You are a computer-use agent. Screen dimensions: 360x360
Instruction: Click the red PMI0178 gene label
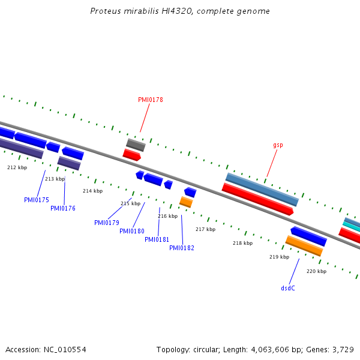[x=151, y=100]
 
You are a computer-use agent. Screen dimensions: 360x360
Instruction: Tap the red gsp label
[x=278, y=145]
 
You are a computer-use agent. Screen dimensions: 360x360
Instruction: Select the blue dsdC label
[x=288, y=288]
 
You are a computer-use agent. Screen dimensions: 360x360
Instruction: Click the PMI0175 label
[x=37, y=200]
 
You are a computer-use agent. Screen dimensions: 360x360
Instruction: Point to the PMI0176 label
[x=63, y=208]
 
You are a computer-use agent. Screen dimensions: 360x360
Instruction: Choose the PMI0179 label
[x=107, y=223]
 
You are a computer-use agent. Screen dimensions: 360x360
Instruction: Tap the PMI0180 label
[x=132, y=231]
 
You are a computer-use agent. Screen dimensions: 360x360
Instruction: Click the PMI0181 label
[x=157, y=239]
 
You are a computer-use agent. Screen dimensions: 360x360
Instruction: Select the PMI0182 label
[x=182, y=248]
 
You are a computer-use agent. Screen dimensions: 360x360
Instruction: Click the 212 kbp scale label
[x=17, y=167]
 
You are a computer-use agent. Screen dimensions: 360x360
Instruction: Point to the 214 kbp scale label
[x=93, y=191]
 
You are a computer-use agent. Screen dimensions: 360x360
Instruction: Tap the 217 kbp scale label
[x=205, y=229]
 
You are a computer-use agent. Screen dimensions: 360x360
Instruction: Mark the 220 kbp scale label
[x=316, y=271]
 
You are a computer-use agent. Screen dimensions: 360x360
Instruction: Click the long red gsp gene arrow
[x=257, y=199]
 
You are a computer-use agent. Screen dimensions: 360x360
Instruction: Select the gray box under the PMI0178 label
[x=136, y=145]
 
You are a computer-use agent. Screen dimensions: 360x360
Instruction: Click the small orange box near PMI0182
[x=186, y=202]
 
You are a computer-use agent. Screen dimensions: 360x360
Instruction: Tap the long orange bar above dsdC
[x=304, y=245]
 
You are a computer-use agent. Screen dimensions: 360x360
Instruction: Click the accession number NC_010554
[x=65, y=350]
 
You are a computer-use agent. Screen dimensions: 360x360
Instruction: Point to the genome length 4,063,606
[x=270, y=350]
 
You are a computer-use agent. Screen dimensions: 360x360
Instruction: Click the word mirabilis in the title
[x=141, y=11]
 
